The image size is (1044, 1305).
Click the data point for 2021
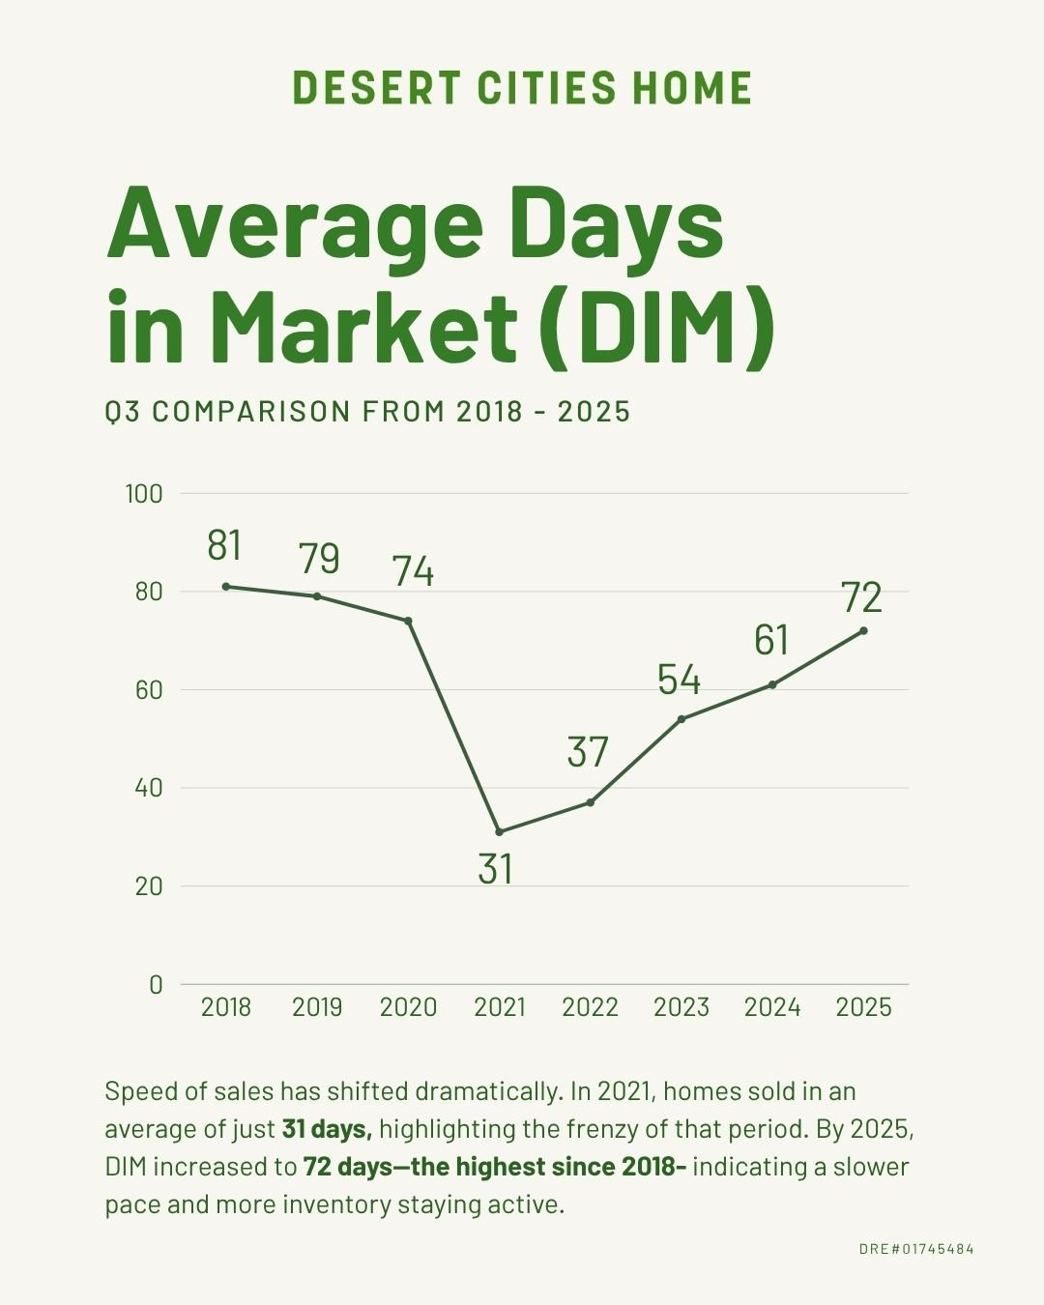click(499, 831)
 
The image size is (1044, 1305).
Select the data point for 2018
click(226, 586)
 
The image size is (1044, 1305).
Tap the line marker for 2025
click(863, 630)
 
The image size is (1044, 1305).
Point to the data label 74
click(413, 571)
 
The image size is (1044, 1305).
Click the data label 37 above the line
click(588, 752)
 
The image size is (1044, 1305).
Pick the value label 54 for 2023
click(679, 680)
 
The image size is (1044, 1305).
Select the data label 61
click(771, 640)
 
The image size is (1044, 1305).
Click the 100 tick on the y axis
click(144, 494)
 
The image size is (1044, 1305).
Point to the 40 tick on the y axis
click(149, 788)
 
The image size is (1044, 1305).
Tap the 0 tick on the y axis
click(156, 984)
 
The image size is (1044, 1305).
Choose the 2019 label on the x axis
click(317, 1007)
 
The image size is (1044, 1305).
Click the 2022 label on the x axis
click(590, 1007)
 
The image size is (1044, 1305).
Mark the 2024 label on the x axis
click(772, 1007)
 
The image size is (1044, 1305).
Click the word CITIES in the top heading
click(546, 88)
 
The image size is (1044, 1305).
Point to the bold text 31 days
click(327, 1129)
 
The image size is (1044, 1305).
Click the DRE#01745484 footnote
click(916, 1249)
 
